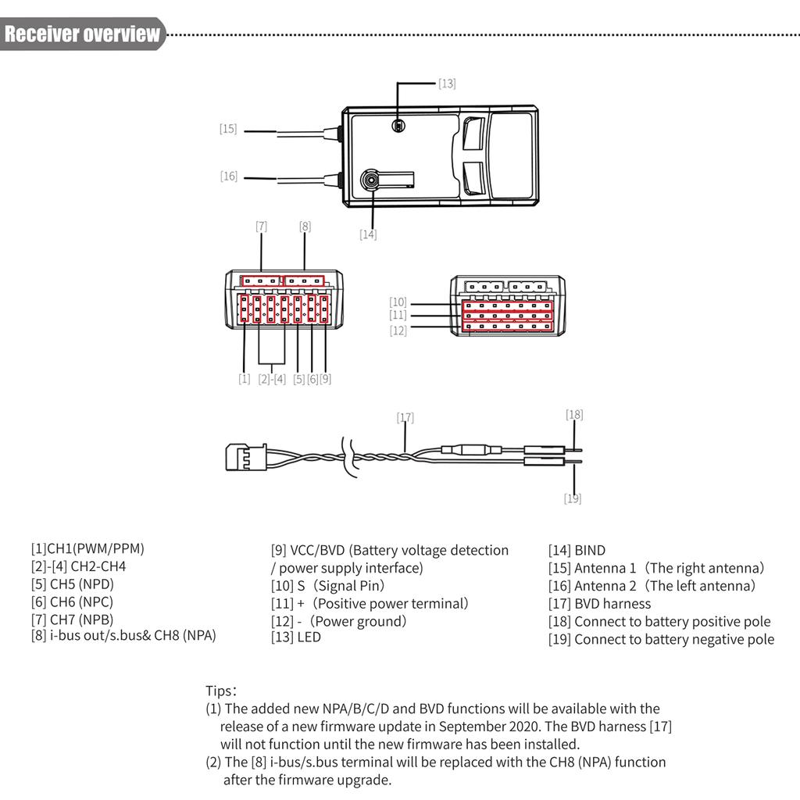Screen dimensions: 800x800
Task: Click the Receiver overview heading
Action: tap(82, 34)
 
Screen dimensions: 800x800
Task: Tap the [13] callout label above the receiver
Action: tap(447, 83)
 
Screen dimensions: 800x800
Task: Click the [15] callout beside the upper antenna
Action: tap(227, 129)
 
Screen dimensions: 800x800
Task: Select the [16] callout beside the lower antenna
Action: tap(228, 177)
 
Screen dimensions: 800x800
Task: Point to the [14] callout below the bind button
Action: tap(368, 234)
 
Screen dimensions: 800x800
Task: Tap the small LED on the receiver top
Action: tap(398, 126)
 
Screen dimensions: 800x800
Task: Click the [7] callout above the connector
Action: tap(261, 227)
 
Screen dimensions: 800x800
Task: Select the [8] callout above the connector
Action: tap(305, 227)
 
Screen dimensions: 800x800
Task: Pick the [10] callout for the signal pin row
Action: tap(398, 302)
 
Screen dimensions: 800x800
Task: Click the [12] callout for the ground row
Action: tap(398, 330)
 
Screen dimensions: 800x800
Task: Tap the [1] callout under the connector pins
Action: tap(245, 379)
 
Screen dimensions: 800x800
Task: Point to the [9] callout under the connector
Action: tap(325, 379)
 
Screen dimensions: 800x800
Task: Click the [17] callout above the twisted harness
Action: tap(405, 418)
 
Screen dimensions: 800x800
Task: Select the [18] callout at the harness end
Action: tap(574, 415)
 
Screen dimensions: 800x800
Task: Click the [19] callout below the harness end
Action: tap(573, 498)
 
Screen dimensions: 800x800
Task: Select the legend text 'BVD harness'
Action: tap(612, 603)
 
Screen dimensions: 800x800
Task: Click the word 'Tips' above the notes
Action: tap(220, 691)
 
